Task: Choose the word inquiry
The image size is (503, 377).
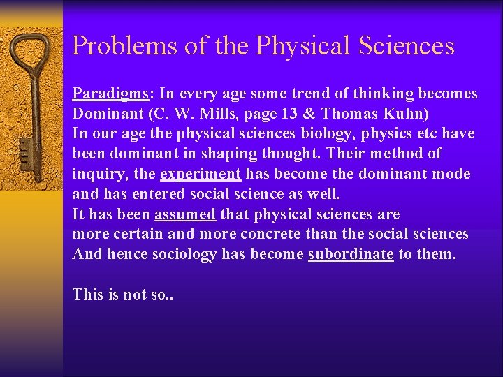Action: point(94,174)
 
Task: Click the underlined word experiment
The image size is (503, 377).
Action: point(201,174)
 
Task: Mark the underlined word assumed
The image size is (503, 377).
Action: point(184,214)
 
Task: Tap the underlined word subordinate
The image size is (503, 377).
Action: point(351,254)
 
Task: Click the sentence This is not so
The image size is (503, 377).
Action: point(122,295)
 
